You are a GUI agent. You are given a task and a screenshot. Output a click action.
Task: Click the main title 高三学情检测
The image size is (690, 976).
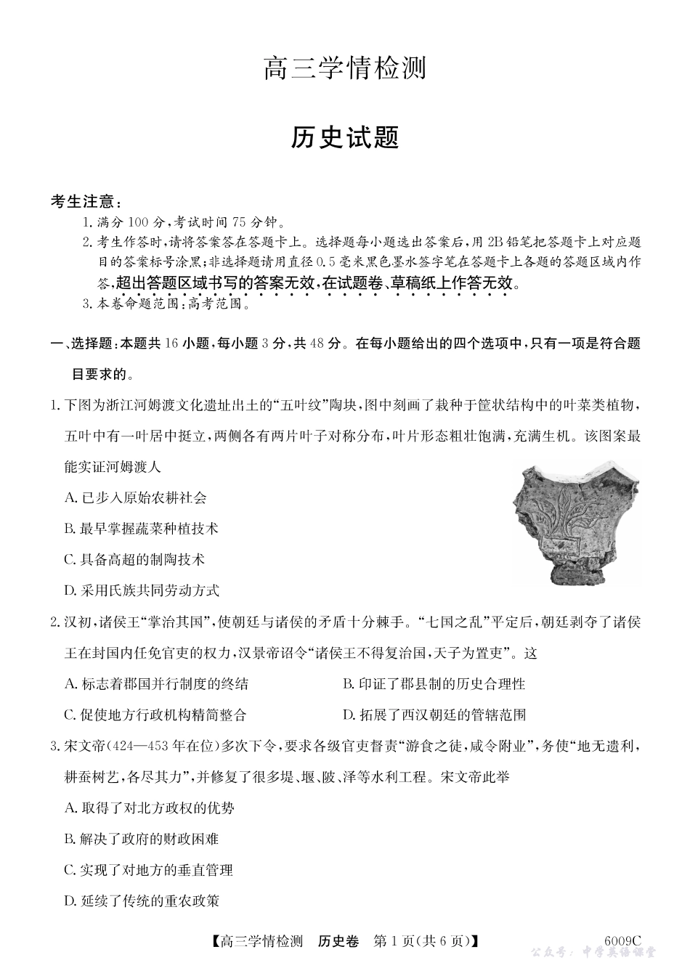tap(344, 69)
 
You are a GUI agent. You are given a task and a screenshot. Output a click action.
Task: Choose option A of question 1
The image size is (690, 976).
tap(135, 498)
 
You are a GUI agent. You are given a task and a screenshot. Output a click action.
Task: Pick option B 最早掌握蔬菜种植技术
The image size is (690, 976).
tap(141, 529)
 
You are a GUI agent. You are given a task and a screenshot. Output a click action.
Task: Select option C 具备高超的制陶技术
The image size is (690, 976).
tap(134, 560)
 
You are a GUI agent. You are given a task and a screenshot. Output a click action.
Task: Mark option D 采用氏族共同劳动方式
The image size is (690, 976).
tap(141, 590)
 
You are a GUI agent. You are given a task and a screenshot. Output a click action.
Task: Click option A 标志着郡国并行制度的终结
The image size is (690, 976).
tap(156, 683)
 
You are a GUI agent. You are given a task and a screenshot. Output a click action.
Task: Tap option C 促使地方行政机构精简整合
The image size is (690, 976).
tap(155, 715)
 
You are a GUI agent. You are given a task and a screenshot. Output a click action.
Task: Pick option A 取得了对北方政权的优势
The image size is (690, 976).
tap(149, 808)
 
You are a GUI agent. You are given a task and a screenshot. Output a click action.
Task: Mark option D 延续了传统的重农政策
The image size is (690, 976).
tap(141, 901)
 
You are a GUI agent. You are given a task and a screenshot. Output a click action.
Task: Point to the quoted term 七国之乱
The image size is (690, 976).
tap(447, 622)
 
